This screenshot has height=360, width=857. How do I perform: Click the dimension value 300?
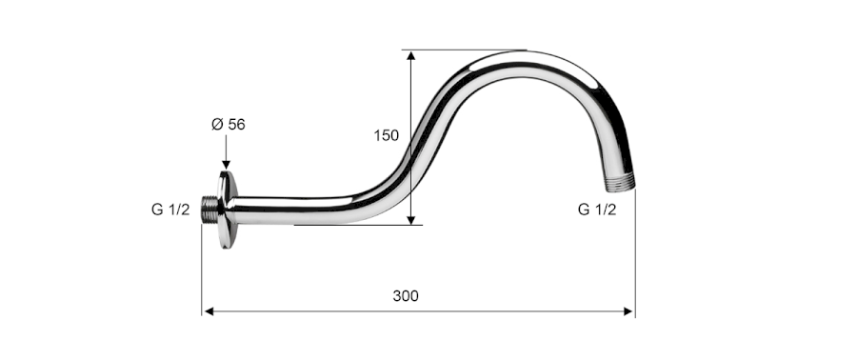pyautogui.click(x=406, y=296)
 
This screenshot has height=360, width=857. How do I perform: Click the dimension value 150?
pyautogui.click(x=387, y=135)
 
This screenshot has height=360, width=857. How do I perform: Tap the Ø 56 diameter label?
pyautogui.click(x=229, y=125)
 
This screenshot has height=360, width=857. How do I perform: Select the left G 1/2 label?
pyautogui.click(x=170, y=210)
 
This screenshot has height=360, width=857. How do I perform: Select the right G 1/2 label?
pyautogui.click(x=597, y=210)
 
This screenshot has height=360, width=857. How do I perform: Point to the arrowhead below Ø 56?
pyautogui.click(x=227, y=165)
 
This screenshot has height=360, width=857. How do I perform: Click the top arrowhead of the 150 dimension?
pyautogui.click(x=411, y=55)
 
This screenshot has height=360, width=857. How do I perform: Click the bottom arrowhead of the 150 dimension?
pyautogui.click(x=411, y=220)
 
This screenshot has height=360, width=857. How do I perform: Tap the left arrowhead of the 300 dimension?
pyautogui.click(x=209, y=311)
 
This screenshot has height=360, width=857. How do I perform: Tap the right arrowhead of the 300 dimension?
pyautogui.click(x=628, y=311)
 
